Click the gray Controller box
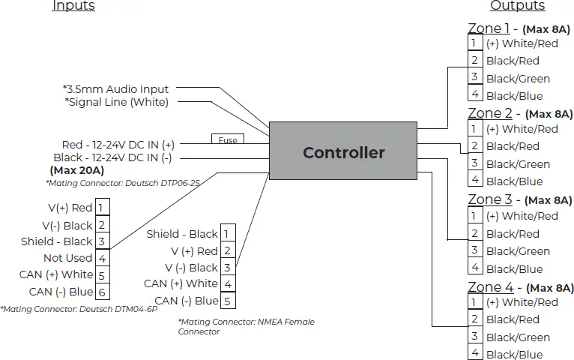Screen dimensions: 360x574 pyautogui.click(x=343, y=152)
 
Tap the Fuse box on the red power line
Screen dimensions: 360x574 pyautogui.click(x=228, y=140)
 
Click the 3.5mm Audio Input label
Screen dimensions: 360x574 pyautogui.click(x=117, y=89)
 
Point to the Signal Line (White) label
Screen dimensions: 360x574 pyautogui.click(x=117, y=102)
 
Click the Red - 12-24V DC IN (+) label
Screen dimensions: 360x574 pyautogui.click(x=118, y=144)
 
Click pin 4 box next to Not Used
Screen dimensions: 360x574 pyautogui.click(x=103, y=258)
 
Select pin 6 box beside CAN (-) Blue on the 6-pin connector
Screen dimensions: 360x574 pyautogui.click(x=103, y=292)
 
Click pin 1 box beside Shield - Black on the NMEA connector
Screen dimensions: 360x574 pyautogui.click(x=229, y=234)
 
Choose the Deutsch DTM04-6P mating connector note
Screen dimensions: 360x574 pyautogui.click(x=79, y=308)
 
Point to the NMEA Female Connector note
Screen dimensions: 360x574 pyautogui.click(x=246, y=326)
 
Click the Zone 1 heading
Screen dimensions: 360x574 pyautogui.click(x=489, y=28)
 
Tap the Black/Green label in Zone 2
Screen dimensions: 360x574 pyautogui.click(x=518, y=164)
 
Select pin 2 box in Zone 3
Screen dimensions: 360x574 pyautogui.click(x=474, y=233)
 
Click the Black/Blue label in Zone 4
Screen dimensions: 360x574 pyautogui.click(x=514, y=355)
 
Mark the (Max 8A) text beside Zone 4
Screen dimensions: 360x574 pyautogui.click(x=549, y=288)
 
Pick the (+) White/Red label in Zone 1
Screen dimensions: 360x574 pyautogui.click(x=522, y=43)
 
